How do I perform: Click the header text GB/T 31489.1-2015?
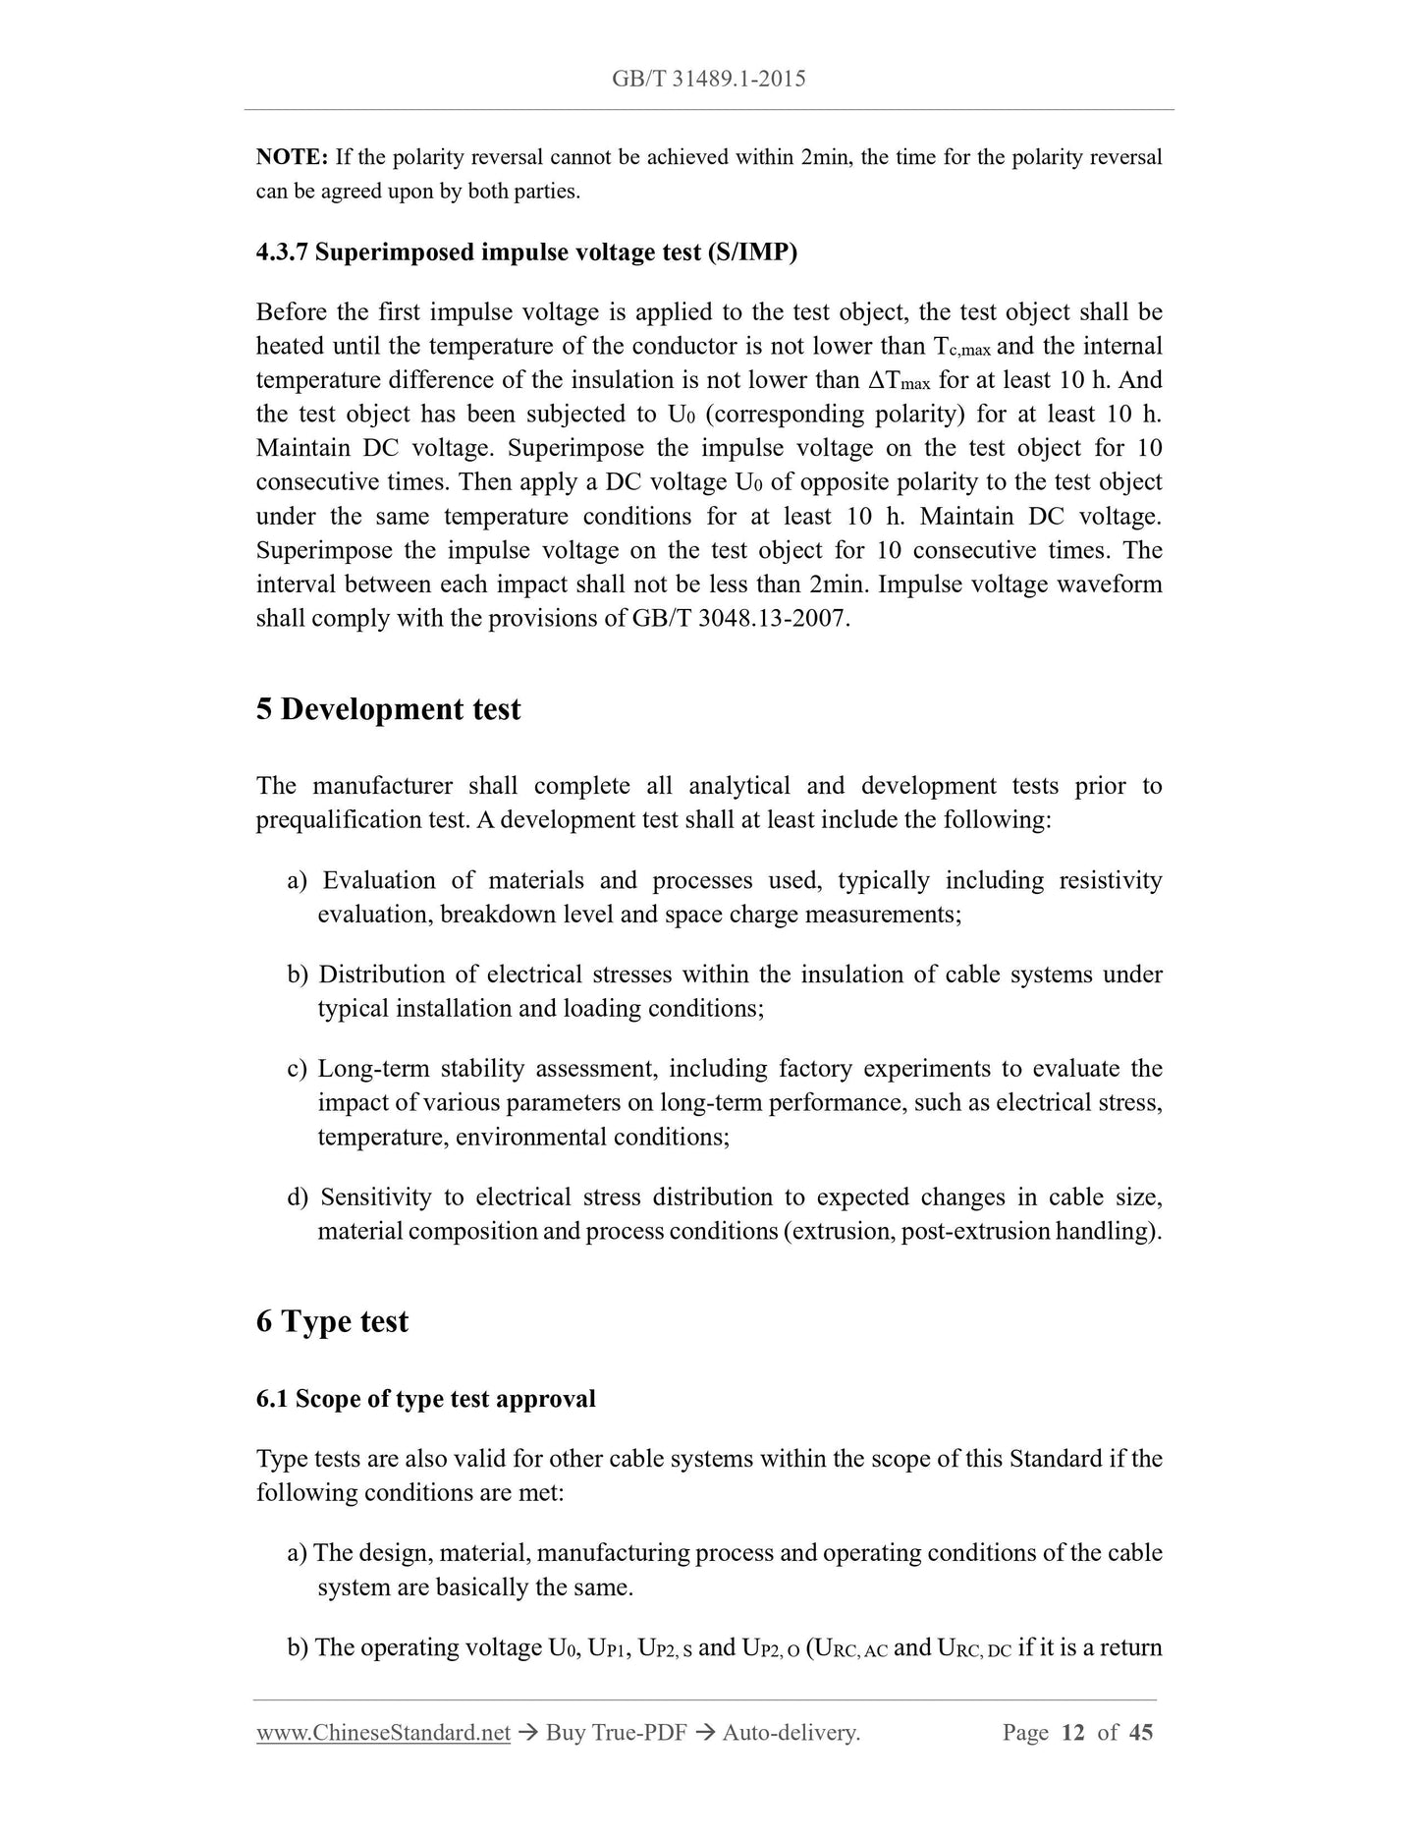pos(708,79)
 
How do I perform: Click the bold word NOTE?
pos(291,157)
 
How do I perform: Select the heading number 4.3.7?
pos(282,252)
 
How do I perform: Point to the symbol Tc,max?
pos(960,347)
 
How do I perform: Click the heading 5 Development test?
pos(388,709)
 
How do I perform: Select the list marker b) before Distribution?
pos(298,974)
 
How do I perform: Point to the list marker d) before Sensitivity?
pos(298,1197)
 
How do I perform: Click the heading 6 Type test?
pos(332,1321)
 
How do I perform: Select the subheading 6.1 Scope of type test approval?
pos(425,1399)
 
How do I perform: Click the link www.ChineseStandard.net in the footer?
pos(383,1733)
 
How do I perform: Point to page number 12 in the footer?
pos(1072,1733)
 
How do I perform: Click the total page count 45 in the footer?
pos(1141,1733)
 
